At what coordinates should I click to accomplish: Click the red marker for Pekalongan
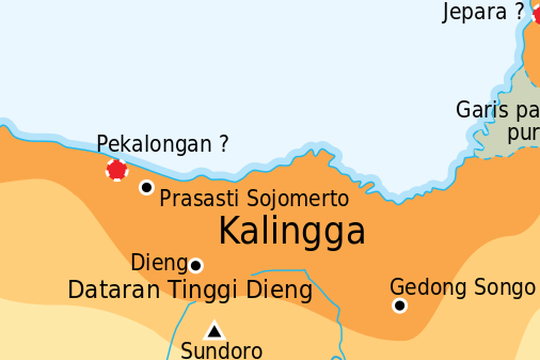[117, 170]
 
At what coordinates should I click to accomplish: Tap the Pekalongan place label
[154, 144]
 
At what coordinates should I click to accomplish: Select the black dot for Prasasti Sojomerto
[147, 187]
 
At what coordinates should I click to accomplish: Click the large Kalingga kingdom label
[292, 230]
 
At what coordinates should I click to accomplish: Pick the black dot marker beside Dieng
[195, 265]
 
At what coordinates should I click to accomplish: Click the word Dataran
[114, 290]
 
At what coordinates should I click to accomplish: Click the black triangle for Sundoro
[214, 331]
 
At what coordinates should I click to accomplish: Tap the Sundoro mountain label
[221, 350]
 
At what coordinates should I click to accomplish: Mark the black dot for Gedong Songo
[400, 306]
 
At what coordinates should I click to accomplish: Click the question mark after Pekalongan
[223, 144]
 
